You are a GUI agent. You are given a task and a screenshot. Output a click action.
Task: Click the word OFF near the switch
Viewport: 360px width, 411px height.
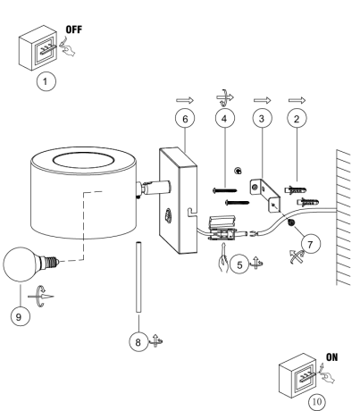73,29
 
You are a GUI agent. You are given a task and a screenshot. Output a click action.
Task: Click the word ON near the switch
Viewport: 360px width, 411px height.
331,357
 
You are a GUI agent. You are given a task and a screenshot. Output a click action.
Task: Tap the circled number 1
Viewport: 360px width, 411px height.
46,81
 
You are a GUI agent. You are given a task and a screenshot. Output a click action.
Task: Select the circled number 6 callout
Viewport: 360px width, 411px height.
185,119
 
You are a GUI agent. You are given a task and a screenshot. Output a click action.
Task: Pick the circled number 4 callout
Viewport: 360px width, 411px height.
225,118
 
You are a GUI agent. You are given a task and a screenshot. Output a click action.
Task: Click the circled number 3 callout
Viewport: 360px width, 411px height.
262,118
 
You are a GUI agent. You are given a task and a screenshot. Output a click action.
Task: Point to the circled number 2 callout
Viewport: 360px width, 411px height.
297,119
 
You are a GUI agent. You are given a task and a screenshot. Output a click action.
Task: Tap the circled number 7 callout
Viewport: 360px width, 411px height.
311,244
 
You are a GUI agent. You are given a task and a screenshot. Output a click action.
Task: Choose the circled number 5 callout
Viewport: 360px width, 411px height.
239,264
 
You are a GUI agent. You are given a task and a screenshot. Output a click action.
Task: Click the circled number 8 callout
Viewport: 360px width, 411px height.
138,341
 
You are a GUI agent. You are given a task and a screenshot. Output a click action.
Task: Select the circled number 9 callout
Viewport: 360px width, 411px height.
20,316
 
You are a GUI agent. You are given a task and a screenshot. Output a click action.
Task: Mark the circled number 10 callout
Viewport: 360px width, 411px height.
317,402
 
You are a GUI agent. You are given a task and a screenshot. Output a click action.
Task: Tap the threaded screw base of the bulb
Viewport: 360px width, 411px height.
52,263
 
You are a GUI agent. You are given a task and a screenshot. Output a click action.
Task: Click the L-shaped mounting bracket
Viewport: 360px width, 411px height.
264,195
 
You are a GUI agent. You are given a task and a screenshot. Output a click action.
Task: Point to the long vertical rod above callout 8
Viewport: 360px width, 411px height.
138,277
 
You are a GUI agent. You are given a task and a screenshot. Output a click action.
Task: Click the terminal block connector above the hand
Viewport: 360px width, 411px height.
222,229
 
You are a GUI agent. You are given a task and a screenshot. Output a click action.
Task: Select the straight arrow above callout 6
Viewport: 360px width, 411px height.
185,100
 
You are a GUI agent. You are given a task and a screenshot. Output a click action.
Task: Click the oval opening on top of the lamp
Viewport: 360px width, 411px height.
83,161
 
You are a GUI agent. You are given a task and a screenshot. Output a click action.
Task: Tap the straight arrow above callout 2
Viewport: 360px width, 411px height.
297,100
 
